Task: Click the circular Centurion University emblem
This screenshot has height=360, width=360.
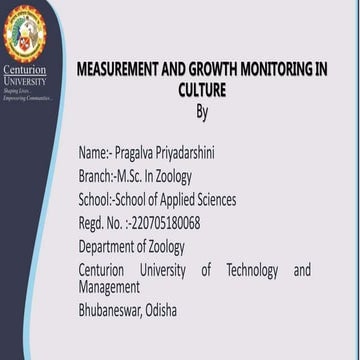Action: click(23, 33)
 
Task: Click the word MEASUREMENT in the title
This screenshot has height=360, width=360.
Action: click(119, 70)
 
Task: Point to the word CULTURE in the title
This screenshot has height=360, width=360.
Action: click(202, 90)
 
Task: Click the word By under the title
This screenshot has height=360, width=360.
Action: click(202, 111)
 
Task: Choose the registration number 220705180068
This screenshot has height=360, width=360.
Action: click(165, 222)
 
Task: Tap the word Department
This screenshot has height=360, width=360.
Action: click(109, 246)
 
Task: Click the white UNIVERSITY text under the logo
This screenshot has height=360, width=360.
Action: click(24, 81)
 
